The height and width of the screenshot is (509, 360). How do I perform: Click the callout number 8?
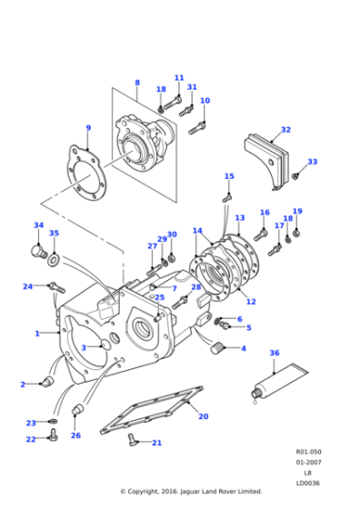pyautogui.click(x=136, y=83)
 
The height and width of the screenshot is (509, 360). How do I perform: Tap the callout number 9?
pyautogui.click(x=87, y=128)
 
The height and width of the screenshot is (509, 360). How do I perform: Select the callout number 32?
pyautogui.click(x=285, y=130)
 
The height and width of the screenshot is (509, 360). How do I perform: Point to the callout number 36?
pyautogui.click(x=274, y=353)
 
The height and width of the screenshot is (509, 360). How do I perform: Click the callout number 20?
pyautogui.click(x=203, y=416)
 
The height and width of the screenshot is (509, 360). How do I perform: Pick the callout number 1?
pyautogui.click(x=37, y=334)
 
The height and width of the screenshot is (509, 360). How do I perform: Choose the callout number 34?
pyautogui.click(x=38, y=225)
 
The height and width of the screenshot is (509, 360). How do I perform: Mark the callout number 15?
pyautogui.click(x=229, y=176)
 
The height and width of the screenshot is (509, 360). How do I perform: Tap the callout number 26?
pyautogui.click(x=75, y=435)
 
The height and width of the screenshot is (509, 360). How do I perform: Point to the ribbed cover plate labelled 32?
pyautogui.click(x=270, y=153)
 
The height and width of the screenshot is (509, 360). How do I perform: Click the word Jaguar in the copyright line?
pyautogui.click(x=189, y=492)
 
